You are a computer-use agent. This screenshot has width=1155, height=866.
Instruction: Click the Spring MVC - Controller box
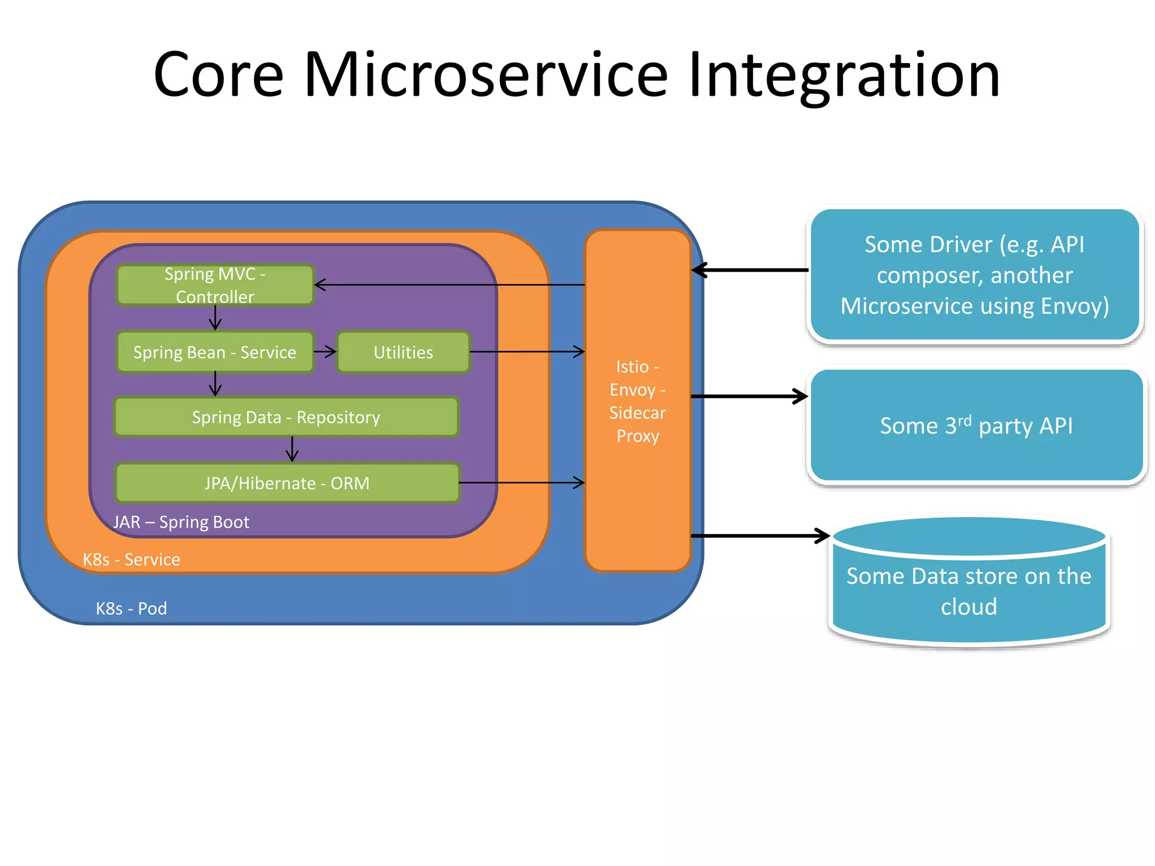tap(215, 285)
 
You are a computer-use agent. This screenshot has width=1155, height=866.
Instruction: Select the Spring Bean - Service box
tap(215, 352)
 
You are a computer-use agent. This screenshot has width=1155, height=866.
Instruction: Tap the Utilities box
tap(403, 352)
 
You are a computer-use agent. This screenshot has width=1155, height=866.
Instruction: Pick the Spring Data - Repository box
tap(286, 417)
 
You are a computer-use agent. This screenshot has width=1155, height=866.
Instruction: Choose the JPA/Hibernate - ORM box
tap(287, 483)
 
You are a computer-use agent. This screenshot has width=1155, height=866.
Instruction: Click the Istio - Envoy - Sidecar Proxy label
tap(637, 401)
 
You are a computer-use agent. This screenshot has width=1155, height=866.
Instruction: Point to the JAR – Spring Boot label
tap(181, 522)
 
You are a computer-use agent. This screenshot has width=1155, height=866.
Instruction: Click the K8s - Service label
tap(131, 559)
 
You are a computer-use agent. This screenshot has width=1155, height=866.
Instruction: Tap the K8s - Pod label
tap(131, 608)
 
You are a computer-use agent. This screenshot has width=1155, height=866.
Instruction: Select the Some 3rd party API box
tap(976, 426)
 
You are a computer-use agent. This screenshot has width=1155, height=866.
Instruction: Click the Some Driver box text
tap(975, 275)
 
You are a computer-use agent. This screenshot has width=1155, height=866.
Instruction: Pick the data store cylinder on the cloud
tap(969, 586)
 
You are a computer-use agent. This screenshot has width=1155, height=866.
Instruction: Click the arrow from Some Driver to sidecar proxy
tap(750, 270)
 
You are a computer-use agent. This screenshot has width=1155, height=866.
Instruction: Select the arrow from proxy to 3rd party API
tap(750, 396)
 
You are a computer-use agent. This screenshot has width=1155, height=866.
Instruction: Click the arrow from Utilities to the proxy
tap(527, 352)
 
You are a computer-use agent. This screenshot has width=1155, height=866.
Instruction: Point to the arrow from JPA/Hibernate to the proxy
tap(522, 483)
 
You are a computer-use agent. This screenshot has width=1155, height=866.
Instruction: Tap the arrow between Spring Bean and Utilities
tap(325, 352)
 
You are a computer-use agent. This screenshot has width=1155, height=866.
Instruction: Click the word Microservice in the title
tap(486, 75)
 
